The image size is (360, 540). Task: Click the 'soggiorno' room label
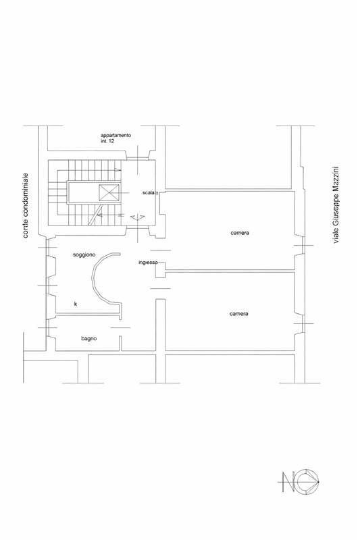[x=84, y=255]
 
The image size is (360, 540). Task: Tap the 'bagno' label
[x=89, y=339]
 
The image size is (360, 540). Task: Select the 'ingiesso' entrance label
[x=148, y=263]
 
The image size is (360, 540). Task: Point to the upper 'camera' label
[x=240, y=233]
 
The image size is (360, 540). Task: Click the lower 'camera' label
[x=238, y=314]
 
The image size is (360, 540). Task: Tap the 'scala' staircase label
[x=148, y=192]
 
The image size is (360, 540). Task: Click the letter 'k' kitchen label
[x=76, y=304]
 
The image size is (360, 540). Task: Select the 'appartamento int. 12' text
[x=115, y=138]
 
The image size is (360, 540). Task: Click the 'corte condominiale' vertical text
[x=26, y=206]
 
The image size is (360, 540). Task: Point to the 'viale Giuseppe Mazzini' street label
[x=336, y=205]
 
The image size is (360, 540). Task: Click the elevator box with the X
[x=109, y=192]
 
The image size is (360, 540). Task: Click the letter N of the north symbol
[x=288, y=481]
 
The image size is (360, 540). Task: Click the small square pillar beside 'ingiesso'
[x=160, y=269]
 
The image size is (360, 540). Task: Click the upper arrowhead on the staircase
[x=118, y=170]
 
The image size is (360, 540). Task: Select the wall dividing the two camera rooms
[x=230, y=271]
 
